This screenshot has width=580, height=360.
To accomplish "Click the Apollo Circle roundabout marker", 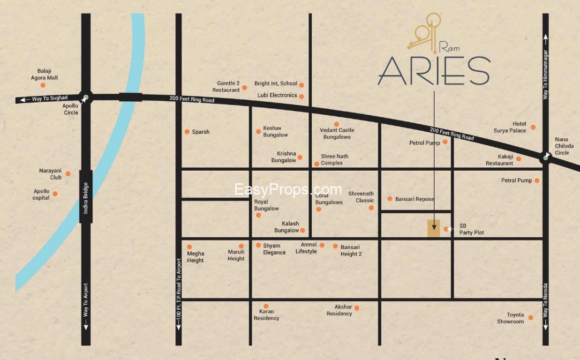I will point(85,98).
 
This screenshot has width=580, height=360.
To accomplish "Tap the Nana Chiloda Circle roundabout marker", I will point(545,157).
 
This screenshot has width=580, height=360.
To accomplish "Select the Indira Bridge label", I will point(86,196).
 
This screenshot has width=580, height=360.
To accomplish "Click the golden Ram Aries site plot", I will point(434,228).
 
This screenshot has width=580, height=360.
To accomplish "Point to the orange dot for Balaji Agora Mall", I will point(43,85).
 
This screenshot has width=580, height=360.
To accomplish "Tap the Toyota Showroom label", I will point(510,318).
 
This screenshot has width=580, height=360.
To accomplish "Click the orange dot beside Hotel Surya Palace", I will point(533,127).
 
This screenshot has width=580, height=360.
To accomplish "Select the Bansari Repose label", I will point(414,199).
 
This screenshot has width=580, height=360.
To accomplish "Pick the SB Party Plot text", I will point(471,229).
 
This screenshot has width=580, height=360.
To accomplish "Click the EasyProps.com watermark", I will point(288,189).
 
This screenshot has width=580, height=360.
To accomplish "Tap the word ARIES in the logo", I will point(434,71).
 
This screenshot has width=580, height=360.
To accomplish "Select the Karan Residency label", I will point(266,315).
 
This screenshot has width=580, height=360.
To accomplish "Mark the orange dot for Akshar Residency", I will point(357,308).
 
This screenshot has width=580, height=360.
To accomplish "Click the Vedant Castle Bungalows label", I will point(337,134).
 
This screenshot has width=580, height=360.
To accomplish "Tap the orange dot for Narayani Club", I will point(68,173).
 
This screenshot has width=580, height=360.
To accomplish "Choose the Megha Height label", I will point(195,257).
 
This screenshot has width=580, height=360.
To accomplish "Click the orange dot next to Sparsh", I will point(187,132).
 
